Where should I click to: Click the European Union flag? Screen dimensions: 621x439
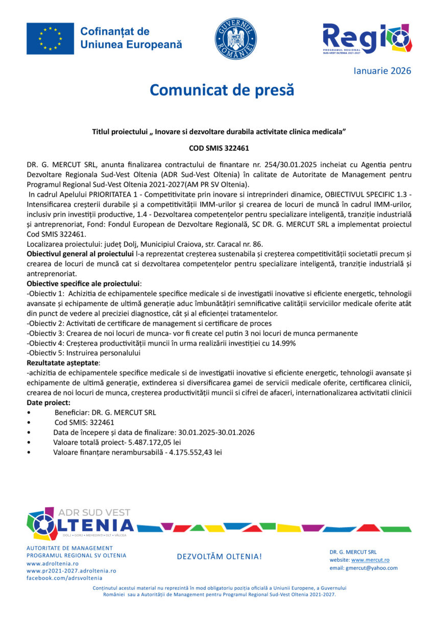[x=50, y=38]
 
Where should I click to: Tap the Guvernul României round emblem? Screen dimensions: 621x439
[x=235, y=39]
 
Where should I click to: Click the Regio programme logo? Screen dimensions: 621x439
[x=367, y=38]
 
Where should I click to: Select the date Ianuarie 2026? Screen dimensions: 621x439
[x=382, y=71]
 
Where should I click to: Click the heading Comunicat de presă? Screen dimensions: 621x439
[x=222, y=90]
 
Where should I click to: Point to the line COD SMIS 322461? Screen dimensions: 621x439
[x=219, y=149]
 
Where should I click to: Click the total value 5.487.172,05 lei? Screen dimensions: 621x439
[x=155, y=442]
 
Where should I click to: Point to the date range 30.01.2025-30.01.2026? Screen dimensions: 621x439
[x=216, y=432]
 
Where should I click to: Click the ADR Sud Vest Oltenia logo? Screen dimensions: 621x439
[x=80, y=524]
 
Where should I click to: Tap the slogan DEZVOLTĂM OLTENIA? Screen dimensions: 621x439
[x=219, y=556]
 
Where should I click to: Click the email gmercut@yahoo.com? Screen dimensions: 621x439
[x=372, y=568]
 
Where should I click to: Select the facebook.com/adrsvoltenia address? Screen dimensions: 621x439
[x=64, y=578]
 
